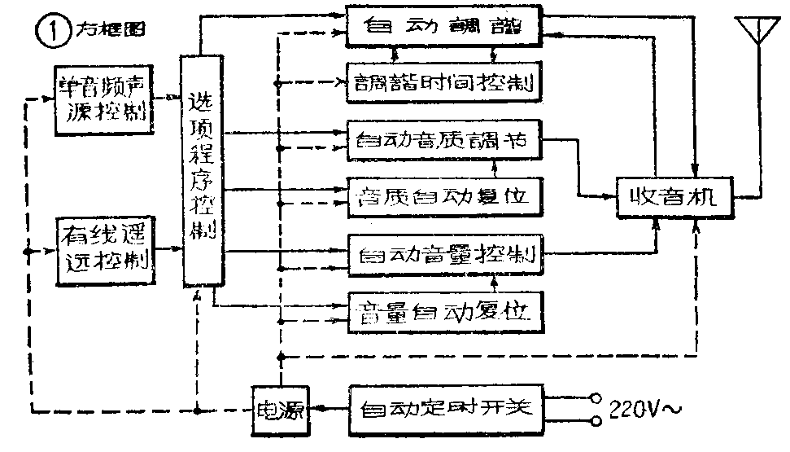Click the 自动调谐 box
tap(443, 27)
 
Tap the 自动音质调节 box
tap(443, 139)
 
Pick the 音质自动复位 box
tap(443, 195)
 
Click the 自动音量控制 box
tap(443, 254)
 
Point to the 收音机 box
tap(674, 196)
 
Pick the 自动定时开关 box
tap(443, 407)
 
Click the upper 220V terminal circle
tap(596, 398)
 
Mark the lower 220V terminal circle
tap(596, 421)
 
